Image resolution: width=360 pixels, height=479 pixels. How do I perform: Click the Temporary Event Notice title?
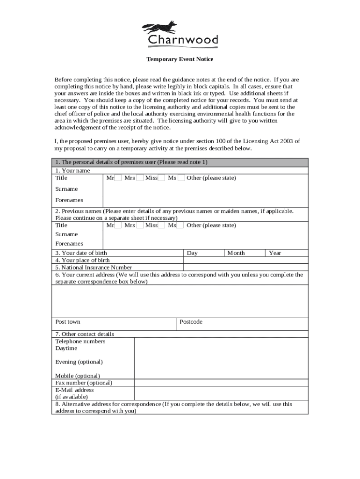click(180, 59)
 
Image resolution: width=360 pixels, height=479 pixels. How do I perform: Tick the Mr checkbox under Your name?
click(118, 178)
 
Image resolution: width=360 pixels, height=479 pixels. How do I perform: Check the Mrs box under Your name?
click(140, 178)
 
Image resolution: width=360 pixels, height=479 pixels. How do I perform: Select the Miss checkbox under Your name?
click(161, 178)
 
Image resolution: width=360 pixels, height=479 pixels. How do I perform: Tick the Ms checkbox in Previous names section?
click(180, 225)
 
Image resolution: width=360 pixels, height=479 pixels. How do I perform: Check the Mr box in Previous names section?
click(118, 225)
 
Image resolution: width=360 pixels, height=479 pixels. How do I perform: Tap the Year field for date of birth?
click(287, 253)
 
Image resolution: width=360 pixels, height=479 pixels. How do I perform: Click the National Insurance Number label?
click(94, 268)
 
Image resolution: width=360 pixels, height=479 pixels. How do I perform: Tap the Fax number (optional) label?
click(84, 383)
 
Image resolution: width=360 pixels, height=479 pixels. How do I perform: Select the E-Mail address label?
click(75, 390)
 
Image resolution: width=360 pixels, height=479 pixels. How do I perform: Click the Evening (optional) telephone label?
click(79, 362)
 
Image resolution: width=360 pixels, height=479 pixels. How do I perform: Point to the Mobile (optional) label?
click(78, 376)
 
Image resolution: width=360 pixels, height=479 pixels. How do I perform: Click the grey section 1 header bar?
click(180, 162)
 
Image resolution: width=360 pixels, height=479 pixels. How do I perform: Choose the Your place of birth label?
click(83, 260)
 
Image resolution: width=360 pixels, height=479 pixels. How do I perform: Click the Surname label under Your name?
click(66, 189)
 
